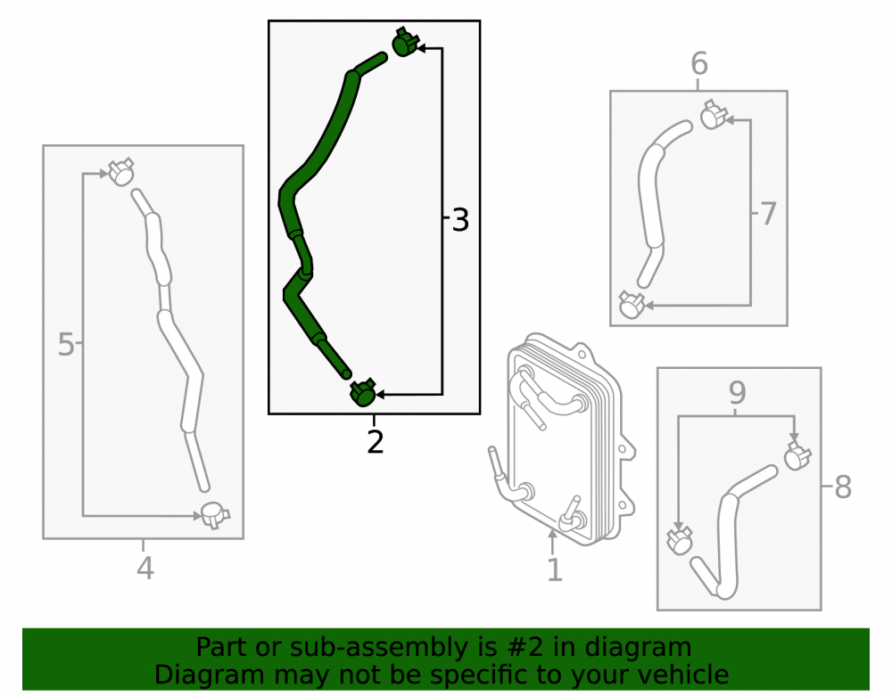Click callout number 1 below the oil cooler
555,569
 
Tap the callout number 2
376,442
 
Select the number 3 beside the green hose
460,220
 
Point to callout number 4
145,569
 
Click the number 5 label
66,345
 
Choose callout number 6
699,63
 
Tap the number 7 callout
768,214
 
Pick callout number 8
843,487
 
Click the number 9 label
738,393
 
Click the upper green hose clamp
405,42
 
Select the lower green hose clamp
362,393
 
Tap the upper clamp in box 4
120,172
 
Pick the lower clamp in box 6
632,305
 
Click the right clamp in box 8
797,455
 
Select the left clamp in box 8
680,540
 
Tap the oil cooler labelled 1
563,440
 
